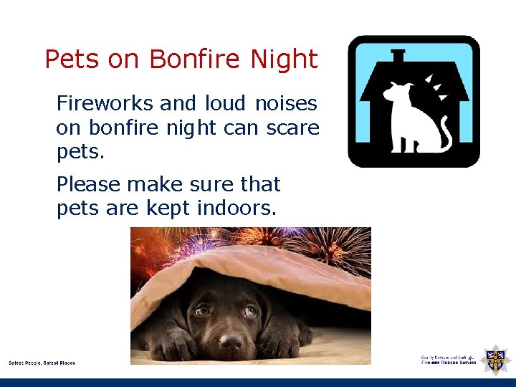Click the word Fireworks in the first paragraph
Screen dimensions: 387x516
[105, 104]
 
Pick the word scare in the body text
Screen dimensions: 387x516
[293, 128]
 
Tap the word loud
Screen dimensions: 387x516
[224, 104]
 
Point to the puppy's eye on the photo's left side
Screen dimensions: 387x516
[203, 310]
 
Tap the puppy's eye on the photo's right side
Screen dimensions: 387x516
[249, 311]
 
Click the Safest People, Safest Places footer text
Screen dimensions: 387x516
[42, 363]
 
